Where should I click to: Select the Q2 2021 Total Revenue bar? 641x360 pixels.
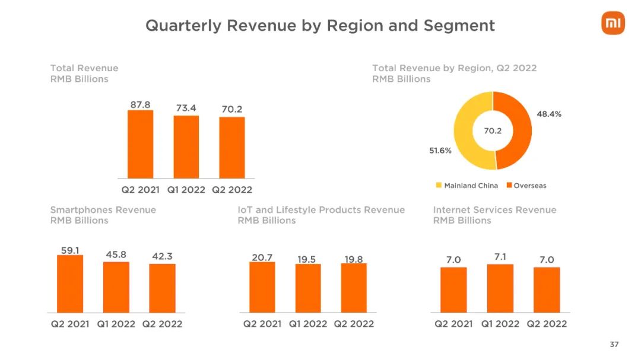pyautogui.click(x=140, y=144)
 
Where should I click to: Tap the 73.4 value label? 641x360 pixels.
pyautogui.click(x=186, y=108)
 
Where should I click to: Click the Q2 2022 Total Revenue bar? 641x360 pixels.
pyautogui.click(x=232, y=147)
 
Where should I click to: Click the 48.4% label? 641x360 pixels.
pyautogui.click(x=549, y=114)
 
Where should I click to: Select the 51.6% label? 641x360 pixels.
pyautogui.click(x=440, y=151)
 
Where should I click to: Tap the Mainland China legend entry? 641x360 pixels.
pyautogui.click(x=467, y=186)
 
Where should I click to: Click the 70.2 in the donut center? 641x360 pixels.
pyautogui.click(x=493, y=131)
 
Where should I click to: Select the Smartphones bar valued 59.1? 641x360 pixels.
pyautogui.click(x=70, y=283)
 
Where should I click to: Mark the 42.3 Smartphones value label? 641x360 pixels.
pyautogui.click(x=162, y=256)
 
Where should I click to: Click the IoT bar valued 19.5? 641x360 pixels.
pyautogui.click(x=307, y=288)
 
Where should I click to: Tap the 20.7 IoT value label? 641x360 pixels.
pyautogui.click(x=262, y=257)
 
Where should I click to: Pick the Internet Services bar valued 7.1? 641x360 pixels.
pyautogui.click(x=500, y=288)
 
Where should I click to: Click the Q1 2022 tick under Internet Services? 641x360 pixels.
pyautogui.click(x=500, y=324)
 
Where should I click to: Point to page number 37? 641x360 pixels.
pyautogui.click(x=614, y=345)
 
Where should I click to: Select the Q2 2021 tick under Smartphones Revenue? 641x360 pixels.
pyautogui.click(x=70, y=324)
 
